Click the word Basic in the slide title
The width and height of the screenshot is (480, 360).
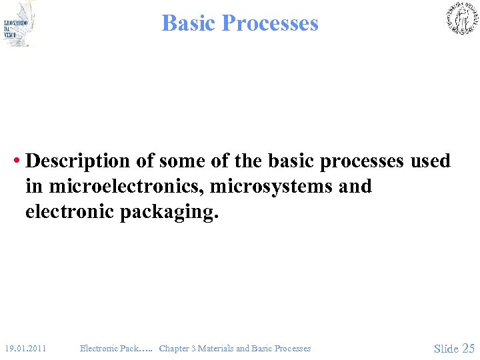(x=189, y=23)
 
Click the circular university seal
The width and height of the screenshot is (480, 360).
(x=461, y=18)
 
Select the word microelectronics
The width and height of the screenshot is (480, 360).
(x=123, y=187)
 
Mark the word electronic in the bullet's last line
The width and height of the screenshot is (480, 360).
(x=70, y=213)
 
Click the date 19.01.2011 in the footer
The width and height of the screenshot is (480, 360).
(x=25, y=348)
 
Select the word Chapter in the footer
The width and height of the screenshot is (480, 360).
(x=175, y=348)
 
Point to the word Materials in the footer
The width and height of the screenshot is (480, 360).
(x=217, y=348)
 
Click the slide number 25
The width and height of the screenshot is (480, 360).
(x=468, y=348)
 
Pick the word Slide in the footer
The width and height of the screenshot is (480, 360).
(x=446, y=348)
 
